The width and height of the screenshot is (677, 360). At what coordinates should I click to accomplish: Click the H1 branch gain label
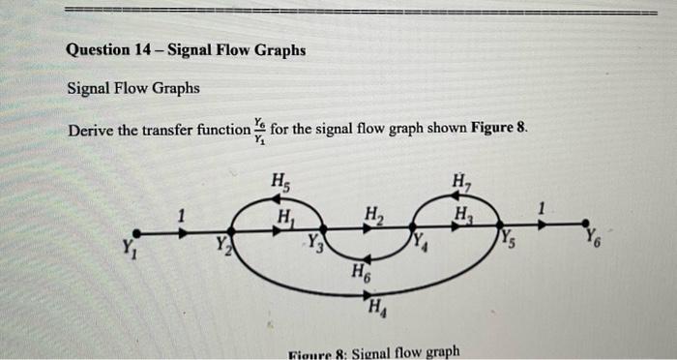point(286,214)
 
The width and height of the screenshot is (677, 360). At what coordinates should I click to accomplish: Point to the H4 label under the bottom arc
point(376,309)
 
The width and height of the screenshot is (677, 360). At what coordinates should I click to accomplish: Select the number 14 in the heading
point(139,49)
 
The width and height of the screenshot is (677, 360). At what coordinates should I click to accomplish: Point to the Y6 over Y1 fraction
point(258,130)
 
